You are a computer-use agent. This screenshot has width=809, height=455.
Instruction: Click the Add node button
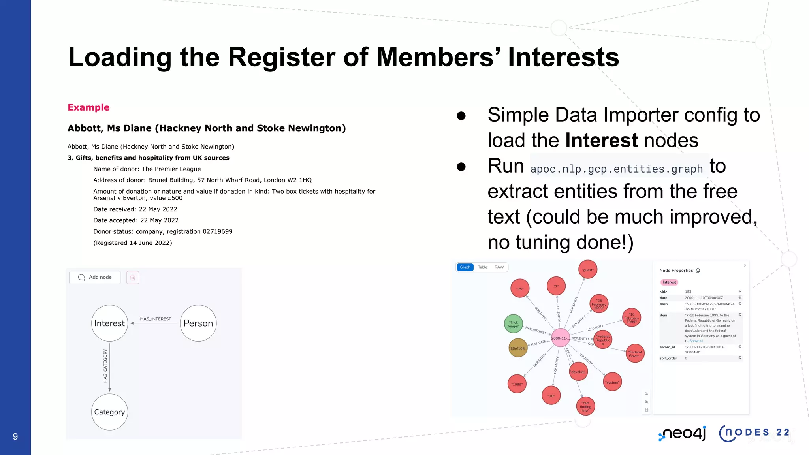pyautogui.click(x=95, y=277)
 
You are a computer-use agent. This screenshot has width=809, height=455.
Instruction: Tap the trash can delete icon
pyautogui.click(x=133, y=277)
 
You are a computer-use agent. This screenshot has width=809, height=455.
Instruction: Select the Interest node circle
pyautogui.click(x=109, y=323)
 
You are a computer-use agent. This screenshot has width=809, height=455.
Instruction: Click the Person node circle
pyautogui.click(x=198, y=323)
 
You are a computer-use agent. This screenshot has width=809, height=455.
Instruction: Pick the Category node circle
pyautogui.click(x=109, y=412)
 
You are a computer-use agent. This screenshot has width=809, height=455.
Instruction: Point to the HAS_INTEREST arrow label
pyautogui.click(x=156, y=319)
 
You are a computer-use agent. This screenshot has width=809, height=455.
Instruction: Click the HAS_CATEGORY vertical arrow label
pyautogui.click(x=105, y=365)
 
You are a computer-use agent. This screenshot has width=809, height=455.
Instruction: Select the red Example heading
pyautogui.click(x=88, y=107)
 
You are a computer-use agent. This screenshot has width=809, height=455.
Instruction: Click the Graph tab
pyautogui.click(x=465, y=267)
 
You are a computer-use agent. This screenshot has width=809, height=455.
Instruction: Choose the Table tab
pyautogui.click(x=482, y=267)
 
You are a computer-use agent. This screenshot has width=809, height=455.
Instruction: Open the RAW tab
pyautogui.click(x=499, y=267)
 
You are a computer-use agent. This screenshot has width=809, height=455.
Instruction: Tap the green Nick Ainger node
pyautogui.click(x=514, y=324)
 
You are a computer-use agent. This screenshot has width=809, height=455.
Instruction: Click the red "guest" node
pyautogui.click(x=588, y=270)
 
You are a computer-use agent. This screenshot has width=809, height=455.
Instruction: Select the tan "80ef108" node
pyautogui.click(x=518, y=348)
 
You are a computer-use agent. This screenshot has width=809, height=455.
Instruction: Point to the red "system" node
pyautogui.click(x=612, y=382)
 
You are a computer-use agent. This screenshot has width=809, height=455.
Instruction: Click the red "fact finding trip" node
pyautogui.click(x=585, y=406)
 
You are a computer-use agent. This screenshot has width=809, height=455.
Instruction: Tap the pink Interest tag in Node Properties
pyautogui.click(x=669, y=282)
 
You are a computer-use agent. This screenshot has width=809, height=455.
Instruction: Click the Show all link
pyautogui.click(x=696, y=341)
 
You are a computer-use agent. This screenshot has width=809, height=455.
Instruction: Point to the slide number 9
pyautogui.click(x=15, y=436)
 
